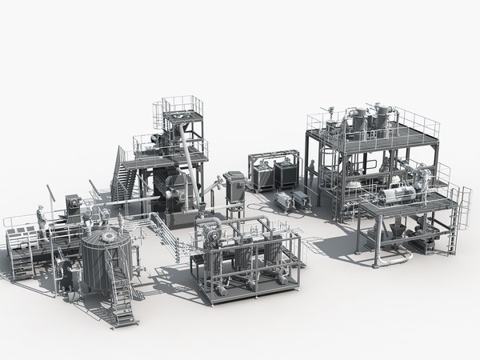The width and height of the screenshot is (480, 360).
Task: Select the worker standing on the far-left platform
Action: pos(40,216)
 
